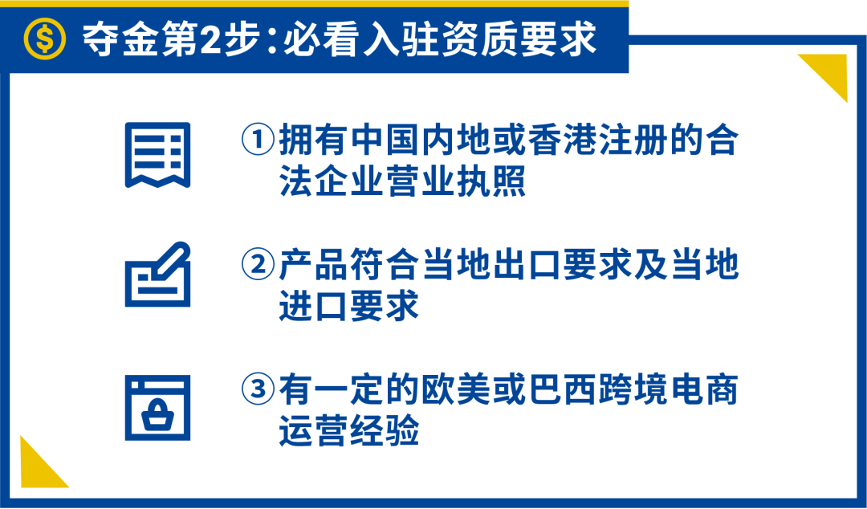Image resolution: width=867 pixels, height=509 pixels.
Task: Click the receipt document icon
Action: tap(157, 155)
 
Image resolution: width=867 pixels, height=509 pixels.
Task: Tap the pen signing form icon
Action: tap(157, 275)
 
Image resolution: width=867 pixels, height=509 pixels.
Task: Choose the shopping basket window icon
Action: tap(157, 407)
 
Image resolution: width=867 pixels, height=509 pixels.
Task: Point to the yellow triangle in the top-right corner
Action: tap(827, 73)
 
